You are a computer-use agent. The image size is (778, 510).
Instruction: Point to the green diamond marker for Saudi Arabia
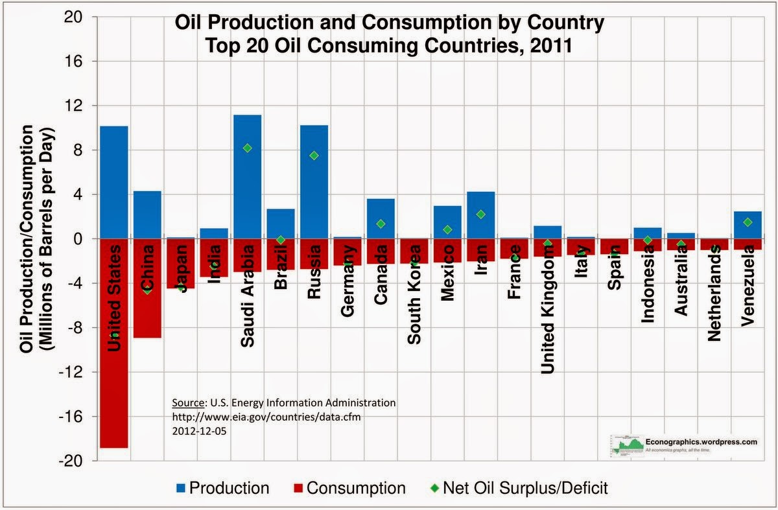click(247, 148)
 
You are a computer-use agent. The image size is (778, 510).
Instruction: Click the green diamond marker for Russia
click(314, 156)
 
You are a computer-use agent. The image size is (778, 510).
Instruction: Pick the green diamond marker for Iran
click(480, 214)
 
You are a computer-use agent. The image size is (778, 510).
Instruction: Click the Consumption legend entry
click(349, 488)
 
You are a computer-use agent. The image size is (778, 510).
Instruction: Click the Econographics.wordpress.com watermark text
click(701, 442)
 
